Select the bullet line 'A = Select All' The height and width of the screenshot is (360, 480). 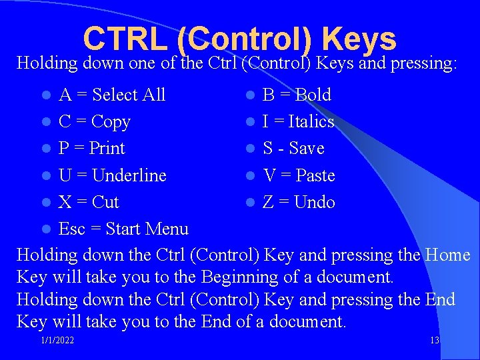[x=112, y=95]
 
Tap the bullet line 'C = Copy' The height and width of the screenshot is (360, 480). [x=94, y=122]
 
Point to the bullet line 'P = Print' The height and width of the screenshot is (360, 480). [x=92, y=148]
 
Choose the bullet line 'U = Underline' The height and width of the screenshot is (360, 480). [x=112, y=175]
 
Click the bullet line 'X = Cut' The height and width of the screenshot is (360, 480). [x=89, y=202]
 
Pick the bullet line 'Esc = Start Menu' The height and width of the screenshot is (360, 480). [x=123, y=229]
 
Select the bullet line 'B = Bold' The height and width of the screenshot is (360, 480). [x=297, y=95]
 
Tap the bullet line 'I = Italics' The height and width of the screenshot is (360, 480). [x=298, y=122]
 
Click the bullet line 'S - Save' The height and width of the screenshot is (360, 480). [x=293, y=148]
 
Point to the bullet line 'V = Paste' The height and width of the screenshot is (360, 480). [x=299, y=175]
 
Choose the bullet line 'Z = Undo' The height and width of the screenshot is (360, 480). [x=299, y=202]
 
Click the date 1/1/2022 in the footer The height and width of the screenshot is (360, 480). [x=57, y=341]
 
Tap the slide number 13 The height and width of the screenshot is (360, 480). [x=435, y=341]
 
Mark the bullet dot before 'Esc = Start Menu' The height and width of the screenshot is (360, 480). [x=45, y=229]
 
